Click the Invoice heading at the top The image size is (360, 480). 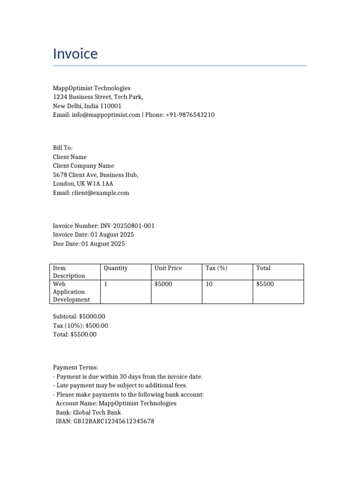pos(75,54)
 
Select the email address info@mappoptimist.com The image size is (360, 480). pos(106,115)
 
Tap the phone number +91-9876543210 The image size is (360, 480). pos(190,115)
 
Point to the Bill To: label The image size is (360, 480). pos(63,148)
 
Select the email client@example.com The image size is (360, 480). pos(100,193)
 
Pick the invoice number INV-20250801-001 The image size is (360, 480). pos(127,226)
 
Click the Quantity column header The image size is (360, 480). pos(115,268)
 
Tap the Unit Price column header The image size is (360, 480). pos(168,268)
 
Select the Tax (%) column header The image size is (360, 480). pos(217,268)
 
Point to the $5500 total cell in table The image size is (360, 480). pos(265,284)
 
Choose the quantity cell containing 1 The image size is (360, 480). pos(105,284)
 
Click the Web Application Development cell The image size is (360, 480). pos(71,292)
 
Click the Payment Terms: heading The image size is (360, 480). pos(75,368)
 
